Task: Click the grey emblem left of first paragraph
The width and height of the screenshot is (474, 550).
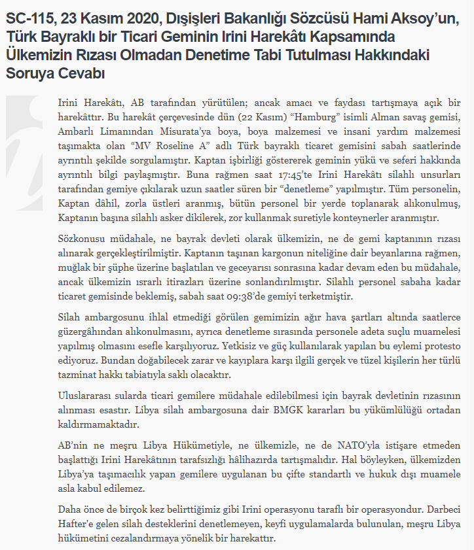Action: click(x=27, y=141)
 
